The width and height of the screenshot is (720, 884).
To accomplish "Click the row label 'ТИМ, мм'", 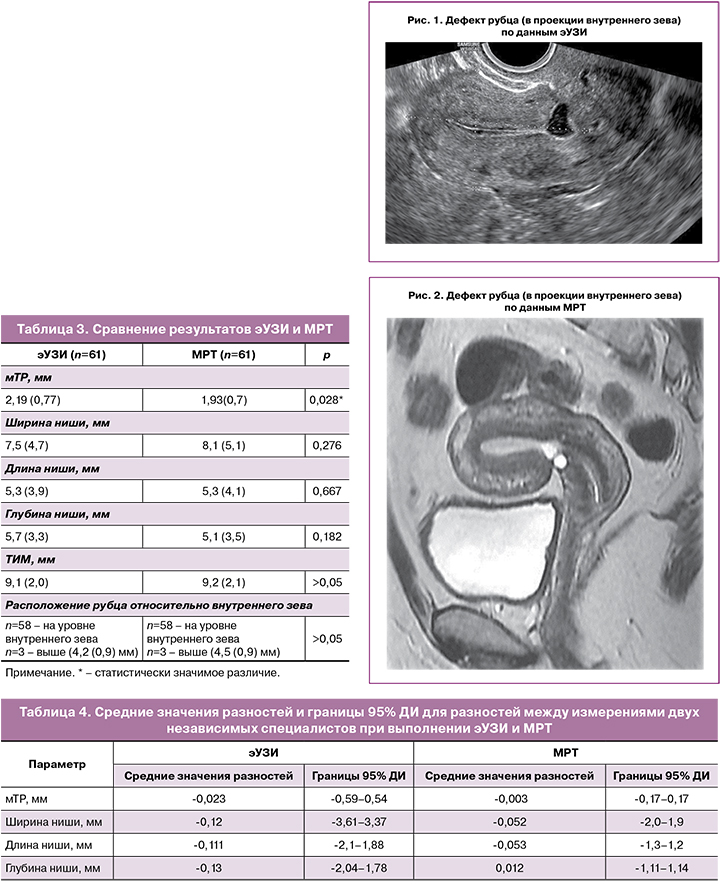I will point(31,561).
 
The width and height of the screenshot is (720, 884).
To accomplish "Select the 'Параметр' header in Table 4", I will point(57,764).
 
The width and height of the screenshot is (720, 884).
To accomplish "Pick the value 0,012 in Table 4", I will point(514,867).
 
